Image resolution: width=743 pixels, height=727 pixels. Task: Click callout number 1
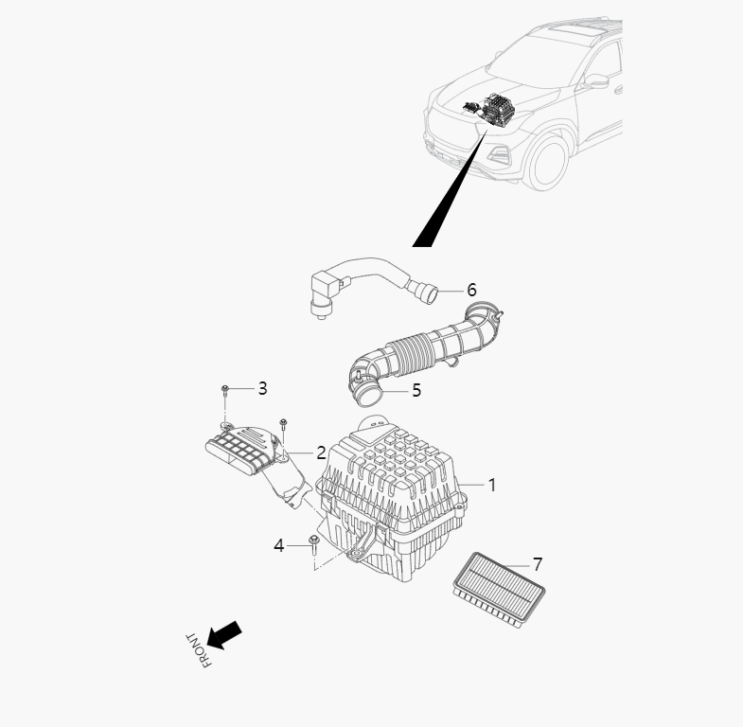[x=492, y=485]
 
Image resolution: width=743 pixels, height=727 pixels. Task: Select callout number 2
[x=321, y=453]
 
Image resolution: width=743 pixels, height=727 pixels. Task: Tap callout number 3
[x=262, y=388]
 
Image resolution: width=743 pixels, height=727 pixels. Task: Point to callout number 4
[x=279, y=545]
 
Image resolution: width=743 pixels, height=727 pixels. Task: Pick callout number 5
[x=416, y=390]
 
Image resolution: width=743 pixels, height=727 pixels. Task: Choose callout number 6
[x=471, y=290]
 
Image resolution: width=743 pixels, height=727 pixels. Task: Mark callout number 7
[x=538, y=564]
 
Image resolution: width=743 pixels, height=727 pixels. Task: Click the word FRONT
[x=198, y=650]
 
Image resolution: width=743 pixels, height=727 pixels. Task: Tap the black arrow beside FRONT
[x=224, y=635]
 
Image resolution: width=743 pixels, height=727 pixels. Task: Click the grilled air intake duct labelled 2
[x=251, y=452]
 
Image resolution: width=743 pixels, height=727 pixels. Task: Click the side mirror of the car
[x=596, y=80]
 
